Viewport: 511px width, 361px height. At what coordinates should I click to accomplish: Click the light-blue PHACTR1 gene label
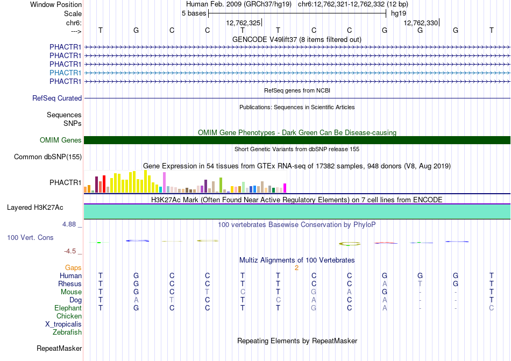(x=65, y=73)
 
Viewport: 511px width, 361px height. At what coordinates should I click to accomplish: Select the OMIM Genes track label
(x=61, y=140)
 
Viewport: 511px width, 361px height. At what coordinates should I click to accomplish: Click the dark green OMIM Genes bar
(x=297, y=140)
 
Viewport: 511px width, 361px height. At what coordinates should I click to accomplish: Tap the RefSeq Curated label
(x=57, y=98)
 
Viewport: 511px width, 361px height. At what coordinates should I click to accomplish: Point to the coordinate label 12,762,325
(x=243, y=23)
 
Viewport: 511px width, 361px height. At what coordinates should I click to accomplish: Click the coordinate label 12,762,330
(x=421, y=23)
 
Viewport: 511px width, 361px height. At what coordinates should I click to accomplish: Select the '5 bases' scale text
(x=194, y=13)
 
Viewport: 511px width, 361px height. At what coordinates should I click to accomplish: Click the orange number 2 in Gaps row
(x=296, y=268)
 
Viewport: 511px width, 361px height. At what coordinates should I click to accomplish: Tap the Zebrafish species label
(x=67, y=332)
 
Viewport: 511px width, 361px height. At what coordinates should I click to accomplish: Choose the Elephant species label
(x=68, y=308)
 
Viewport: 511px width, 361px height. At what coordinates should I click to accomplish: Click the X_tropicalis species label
(x=63, y=324)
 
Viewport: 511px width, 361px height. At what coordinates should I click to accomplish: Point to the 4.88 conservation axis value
(x=69, y=224)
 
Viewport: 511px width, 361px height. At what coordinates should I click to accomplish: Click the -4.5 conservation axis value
(x=70, y=251)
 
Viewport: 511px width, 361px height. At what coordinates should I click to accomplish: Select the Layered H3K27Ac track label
(x=35, y=208)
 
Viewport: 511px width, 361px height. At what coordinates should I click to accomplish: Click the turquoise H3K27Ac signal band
(x=297, y=211)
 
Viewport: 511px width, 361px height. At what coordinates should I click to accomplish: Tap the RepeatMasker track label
(x=59, y=348)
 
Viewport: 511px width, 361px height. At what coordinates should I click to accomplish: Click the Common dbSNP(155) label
(x=48, y=157)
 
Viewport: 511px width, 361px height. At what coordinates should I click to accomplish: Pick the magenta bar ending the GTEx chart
(x=285, y=188)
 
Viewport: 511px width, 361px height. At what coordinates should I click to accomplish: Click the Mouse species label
(x=71, y=292)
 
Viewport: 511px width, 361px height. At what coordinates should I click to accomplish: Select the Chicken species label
(x=69, y=316)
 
